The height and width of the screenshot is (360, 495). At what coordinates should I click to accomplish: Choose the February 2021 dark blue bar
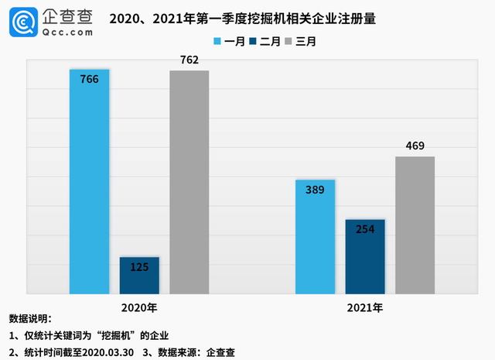[365, 259]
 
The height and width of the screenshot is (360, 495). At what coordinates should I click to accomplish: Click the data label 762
[189, 60]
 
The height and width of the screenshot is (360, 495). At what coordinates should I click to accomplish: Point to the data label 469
[415, 146]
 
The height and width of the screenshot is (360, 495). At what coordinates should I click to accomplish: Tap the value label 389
[316, 190]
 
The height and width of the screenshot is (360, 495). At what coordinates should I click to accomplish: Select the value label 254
[365, 229]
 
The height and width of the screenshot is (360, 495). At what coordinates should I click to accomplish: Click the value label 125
[139, 266]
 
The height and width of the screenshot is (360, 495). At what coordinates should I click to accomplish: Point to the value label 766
[89, 79]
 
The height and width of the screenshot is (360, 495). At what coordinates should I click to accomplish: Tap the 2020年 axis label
[139, 307]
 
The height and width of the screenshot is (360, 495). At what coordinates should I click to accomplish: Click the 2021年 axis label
[365, 307]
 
